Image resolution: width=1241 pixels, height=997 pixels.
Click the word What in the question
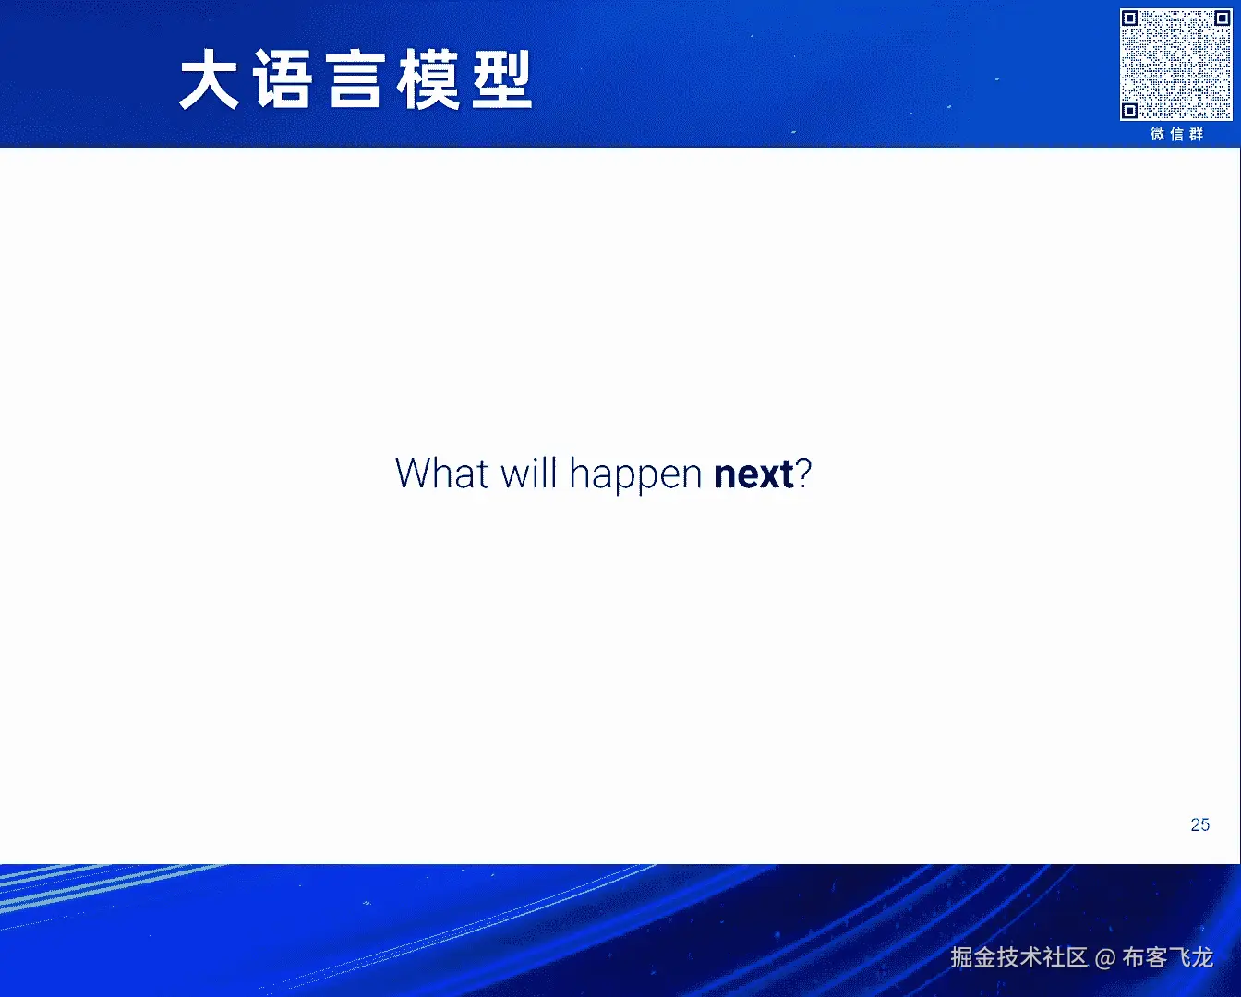(442, 473)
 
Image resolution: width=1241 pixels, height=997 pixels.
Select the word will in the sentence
(529, 473)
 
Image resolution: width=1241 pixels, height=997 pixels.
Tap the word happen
(635, 476)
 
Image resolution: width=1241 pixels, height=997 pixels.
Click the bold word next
(753, 474)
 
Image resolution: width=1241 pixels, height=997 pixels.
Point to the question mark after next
(803, 473)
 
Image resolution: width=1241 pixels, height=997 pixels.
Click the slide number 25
(1200, 824)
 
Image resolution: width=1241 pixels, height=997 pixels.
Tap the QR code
(1175, 65)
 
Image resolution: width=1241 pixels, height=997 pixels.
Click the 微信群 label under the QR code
(1176, 135)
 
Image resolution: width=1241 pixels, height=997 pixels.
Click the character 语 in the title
(283, 78)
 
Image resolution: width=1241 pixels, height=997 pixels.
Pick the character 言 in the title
(355, 78)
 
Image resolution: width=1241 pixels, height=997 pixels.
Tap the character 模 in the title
(428, 78)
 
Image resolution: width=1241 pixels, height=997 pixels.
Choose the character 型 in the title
(501, 78)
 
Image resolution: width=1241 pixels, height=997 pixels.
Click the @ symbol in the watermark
(1105, 958)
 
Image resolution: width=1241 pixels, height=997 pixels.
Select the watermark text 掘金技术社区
(1018, 957)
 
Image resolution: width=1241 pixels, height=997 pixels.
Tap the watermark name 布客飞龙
(1168, 957)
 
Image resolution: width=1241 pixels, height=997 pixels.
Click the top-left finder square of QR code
(1130, 19)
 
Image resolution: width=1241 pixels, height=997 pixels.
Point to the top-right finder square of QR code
(1222, 19)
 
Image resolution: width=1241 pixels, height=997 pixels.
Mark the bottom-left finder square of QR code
(1130, 110)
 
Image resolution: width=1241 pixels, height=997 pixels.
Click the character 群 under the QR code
(1197, 135)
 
